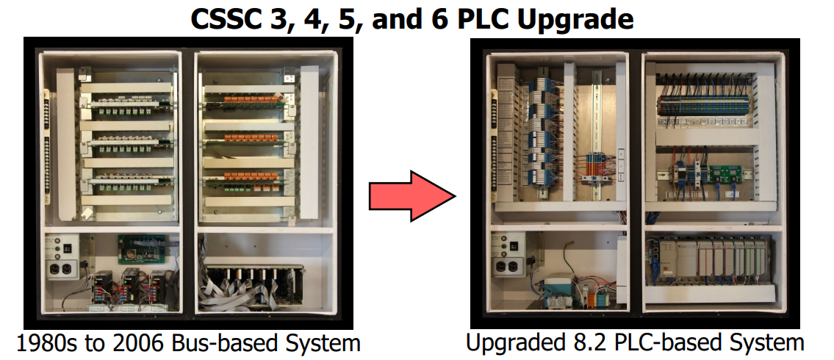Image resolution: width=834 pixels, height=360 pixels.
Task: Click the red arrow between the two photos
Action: [413, 196]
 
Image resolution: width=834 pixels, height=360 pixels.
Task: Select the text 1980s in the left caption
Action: [46, 343]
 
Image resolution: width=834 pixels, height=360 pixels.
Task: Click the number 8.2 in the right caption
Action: [589, 343]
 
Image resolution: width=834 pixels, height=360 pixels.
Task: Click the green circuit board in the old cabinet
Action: [141, 248]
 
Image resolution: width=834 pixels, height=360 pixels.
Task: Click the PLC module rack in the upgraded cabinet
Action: [708, 259]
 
